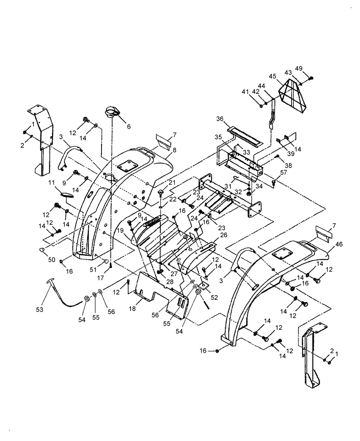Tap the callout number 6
129,127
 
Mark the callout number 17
112,278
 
